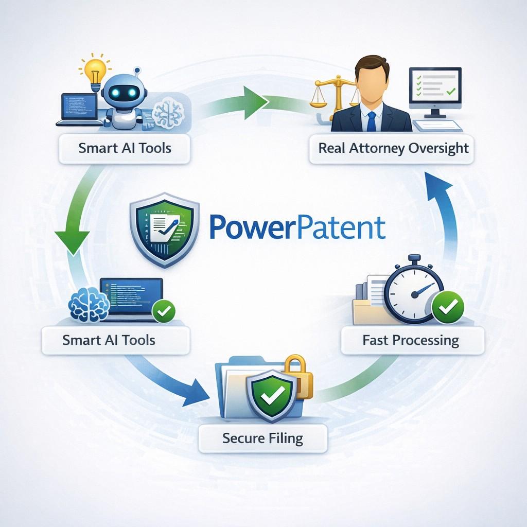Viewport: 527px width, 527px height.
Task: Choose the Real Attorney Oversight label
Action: (x=393, y=148)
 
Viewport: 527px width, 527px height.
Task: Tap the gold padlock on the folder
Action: (x=297, y=378)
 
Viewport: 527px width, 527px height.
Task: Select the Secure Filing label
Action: (x=262, y=438)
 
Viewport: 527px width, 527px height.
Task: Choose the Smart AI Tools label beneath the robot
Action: (x=125, y=148)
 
